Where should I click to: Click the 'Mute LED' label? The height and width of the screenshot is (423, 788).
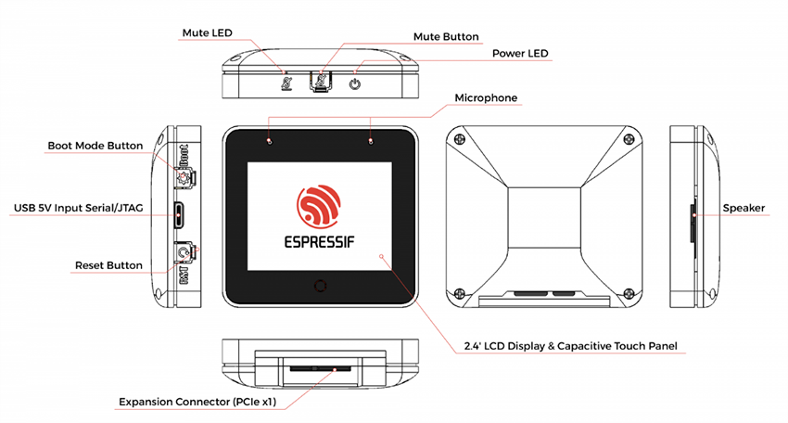[207, 32]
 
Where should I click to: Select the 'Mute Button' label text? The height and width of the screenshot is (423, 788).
[446, 37]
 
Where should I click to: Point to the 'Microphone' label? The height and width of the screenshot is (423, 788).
[486, 97]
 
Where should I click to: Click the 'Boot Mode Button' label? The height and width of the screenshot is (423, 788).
[95, 146]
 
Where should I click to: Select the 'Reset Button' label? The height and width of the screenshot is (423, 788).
[108, 265]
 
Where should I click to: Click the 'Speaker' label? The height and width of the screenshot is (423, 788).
[744, 208]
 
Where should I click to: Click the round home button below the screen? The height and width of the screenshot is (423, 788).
[321, 285]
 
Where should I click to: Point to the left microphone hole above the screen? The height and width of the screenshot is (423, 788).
[270, 141]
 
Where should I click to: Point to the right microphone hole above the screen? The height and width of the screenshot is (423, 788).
[372, 141]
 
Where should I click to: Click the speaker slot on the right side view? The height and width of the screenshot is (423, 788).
[693, 214]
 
